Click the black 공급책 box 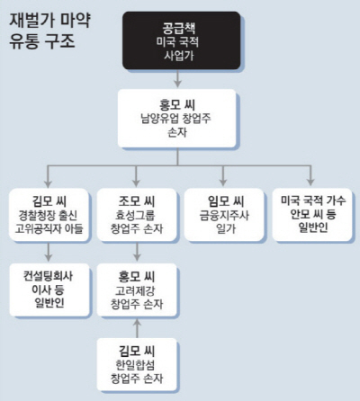(x=182, y=40)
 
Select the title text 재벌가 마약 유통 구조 (x=49, y=31)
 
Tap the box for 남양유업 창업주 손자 (x=177, y=118)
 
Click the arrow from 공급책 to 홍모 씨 (x=178, y=78)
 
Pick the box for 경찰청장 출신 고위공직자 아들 (x=49, y=214)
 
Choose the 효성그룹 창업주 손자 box (x=137, y=214)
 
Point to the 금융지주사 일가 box (x=224, y=214)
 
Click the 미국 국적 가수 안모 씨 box (x=312, y=214)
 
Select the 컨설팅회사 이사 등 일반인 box (x=49, y=290)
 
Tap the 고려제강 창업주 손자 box (x=137, y=290)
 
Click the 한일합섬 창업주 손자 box (x=137, y=364)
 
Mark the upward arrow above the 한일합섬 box (x=137, y=328)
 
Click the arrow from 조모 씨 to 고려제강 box (x=137, y=252)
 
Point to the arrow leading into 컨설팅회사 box (x=49, y=252)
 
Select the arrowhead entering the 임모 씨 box (x=222, y=182)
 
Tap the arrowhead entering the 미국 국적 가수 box (x=310, y=182)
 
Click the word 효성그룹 (x=135, y=215)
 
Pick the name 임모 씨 (x=226, y=200)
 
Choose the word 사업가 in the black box (x=179, y=56)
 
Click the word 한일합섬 (x=135, y=365)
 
